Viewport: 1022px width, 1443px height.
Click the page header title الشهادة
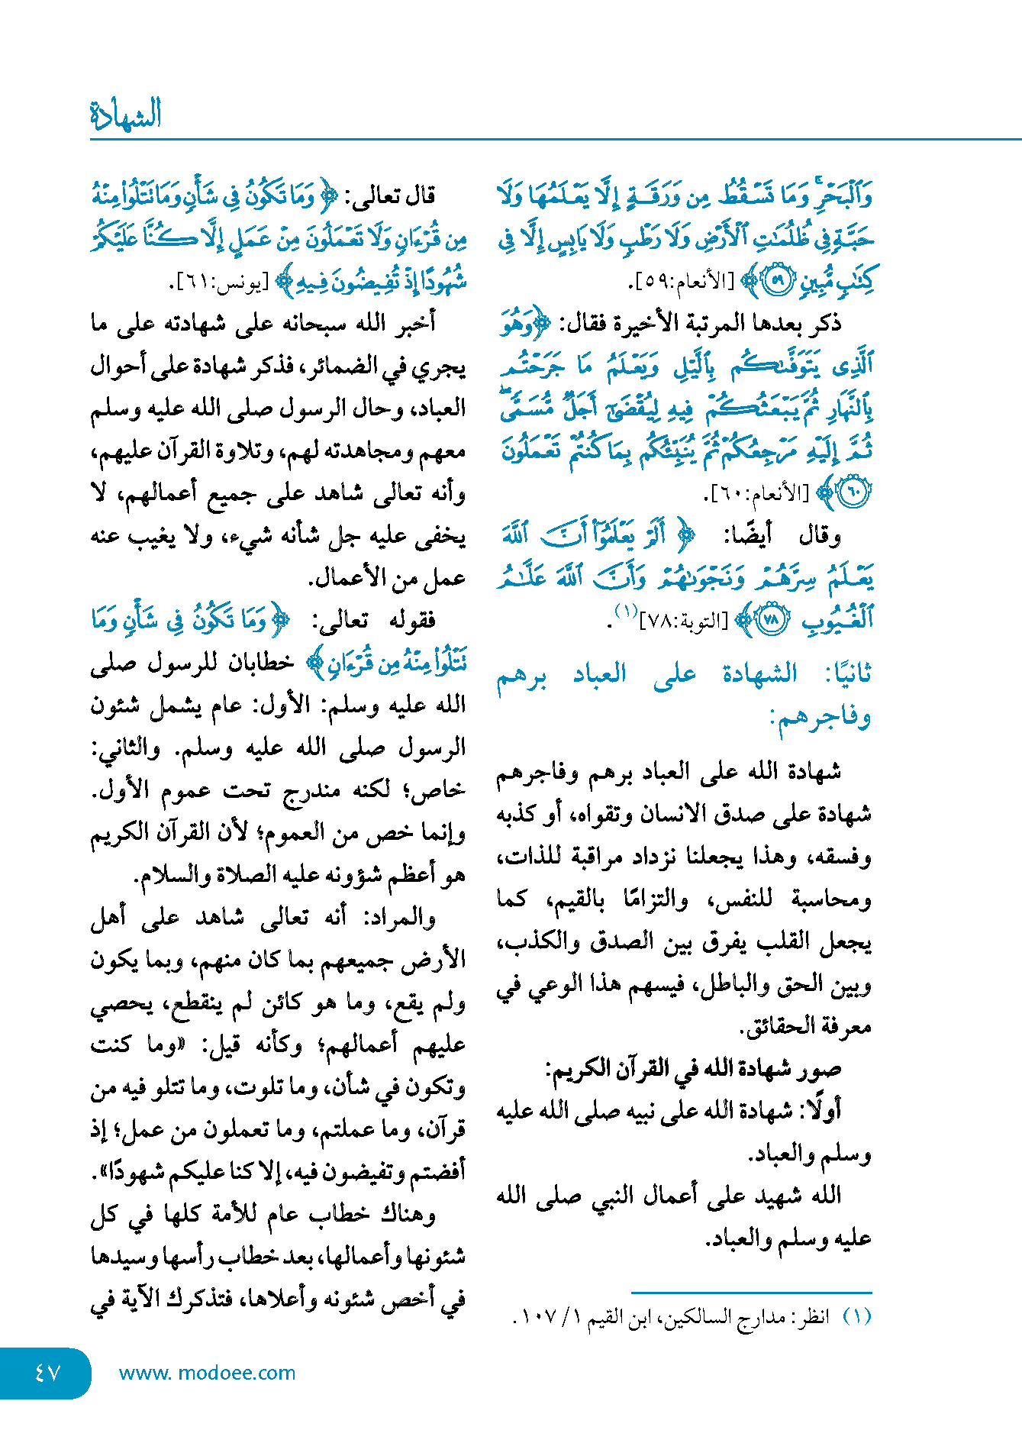(x=125, y=115)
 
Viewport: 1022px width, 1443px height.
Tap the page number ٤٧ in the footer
(x=47, y=1373)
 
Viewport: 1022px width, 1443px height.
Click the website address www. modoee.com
(x=207, y=1373)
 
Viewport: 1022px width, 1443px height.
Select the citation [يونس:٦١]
(x=218, y=284)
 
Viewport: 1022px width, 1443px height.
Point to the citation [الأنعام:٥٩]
(x=682, y=282)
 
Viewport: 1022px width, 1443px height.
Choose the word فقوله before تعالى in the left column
(x=411, y=620)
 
